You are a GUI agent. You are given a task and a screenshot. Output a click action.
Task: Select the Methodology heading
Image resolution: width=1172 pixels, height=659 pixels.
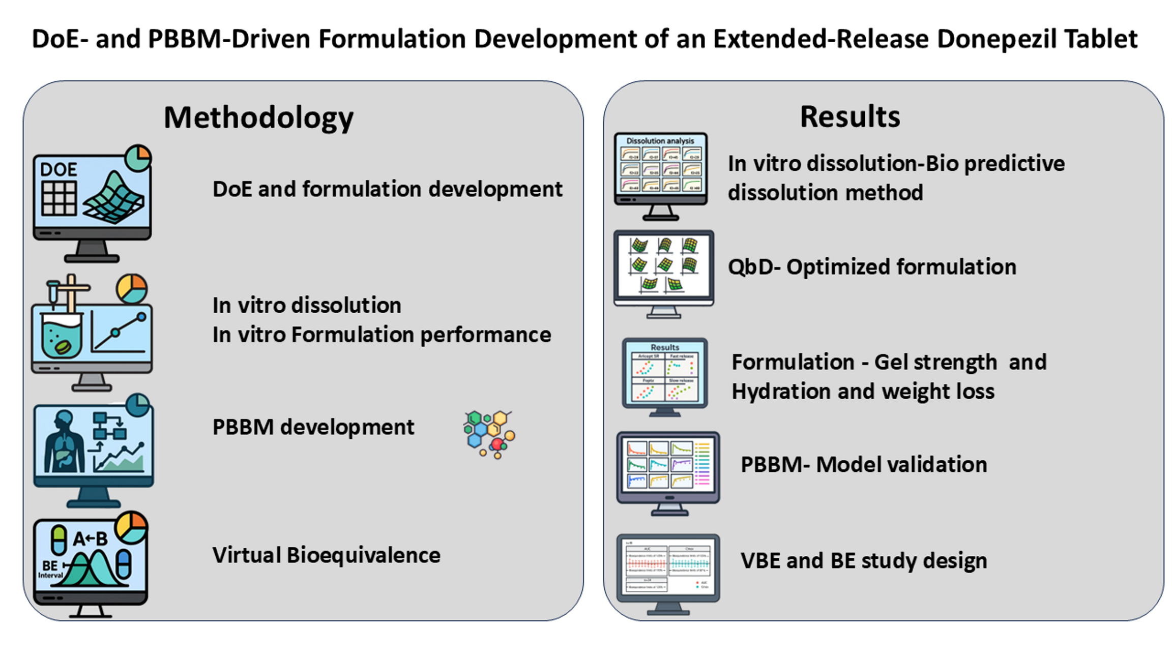[258, 118]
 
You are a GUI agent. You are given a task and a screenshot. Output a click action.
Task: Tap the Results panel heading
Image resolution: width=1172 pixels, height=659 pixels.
[849, 116]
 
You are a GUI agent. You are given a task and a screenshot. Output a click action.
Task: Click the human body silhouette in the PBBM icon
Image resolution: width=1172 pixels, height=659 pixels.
[64, 442]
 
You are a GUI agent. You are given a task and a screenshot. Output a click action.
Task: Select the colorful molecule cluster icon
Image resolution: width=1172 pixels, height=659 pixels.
[488, 434]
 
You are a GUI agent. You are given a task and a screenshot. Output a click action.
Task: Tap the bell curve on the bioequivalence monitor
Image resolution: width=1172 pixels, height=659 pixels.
[92, 570]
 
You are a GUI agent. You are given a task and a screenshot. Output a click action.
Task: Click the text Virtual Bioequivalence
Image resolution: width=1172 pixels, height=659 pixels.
[326, 555]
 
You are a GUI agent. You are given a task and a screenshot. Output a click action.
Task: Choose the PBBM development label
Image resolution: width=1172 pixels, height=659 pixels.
[313, 427]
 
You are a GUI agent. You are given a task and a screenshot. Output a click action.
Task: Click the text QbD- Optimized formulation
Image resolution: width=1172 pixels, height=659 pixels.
[872, 267]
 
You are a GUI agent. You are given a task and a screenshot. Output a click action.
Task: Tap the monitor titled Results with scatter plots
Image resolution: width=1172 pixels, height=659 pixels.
[664, 374]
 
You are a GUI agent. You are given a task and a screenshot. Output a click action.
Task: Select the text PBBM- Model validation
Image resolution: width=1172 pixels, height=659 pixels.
[863, 465]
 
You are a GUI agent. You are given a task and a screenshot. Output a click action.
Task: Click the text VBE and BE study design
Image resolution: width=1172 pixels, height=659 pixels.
[863, 561]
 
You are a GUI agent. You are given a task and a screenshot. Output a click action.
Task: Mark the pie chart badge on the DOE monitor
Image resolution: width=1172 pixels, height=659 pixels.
[138, 158]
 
